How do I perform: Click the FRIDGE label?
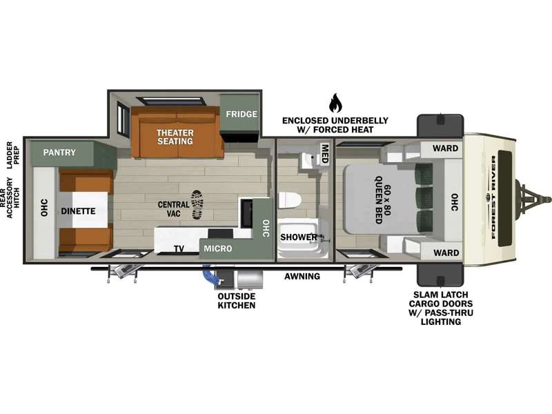point(241,114)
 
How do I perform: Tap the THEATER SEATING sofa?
point(177,132)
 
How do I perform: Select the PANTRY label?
point(59,152)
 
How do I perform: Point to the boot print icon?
point(197,204)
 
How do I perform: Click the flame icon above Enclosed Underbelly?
point(335,103)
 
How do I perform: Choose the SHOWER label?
point(299,237)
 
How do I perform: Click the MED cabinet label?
point(324,153)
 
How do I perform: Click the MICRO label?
point(218,248)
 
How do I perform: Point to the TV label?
point(179,249)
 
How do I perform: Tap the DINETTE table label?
point(78,211)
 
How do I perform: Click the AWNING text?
point(302,277)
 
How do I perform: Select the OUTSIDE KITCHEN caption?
point(237,301)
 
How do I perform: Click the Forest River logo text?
point(493,197)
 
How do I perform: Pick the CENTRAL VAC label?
point(174,209)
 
